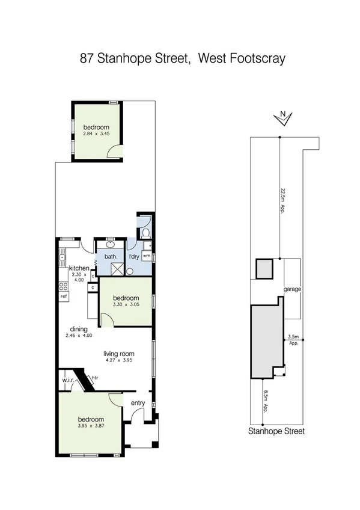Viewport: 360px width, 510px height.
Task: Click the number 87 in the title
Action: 88,58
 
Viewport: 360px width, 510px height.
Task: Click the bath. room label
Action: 111,257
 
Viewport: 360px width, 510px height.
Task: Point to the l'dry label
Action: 134,257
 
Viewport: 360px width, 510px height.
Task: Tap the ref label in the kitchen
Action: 63,296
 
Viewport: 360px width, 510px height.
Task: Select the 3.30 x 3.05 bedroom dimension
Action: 126,305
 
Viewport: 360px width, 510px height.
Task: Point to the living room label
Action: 118,354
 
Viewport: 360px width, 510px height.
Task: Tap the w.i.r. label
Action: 67,380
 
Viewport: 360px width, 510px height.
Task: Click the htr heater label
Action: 94,378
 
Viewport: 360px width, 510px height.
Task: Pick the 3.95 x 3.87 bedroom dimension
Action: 90,426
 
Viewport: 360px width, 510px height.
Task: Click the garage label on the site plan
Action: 292,289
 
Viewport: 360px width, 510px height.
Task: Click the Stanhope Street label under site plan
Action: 276,431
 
